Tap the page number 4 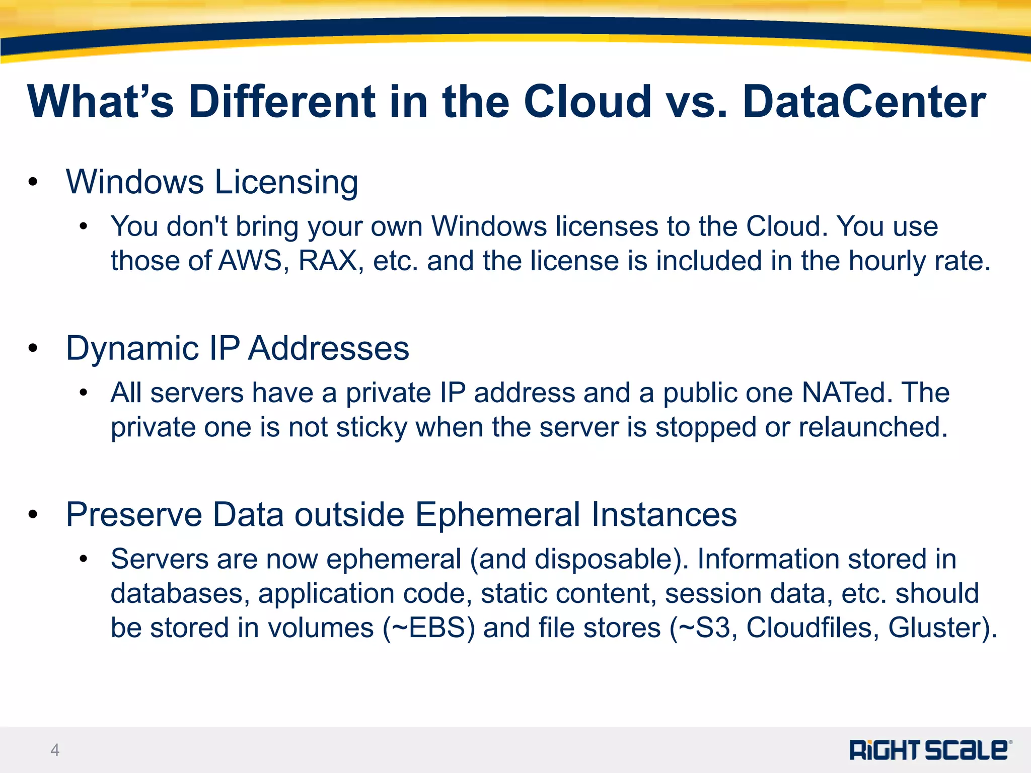(55, 750)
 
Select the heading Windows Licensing (212, 182)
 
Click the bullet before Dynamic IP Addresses (33, 348)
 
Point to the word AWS (250, 261)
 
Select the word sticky (372, 428)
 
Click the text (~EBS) (429, 628)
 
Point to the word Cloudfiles (812, 628)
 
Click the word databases (180, 594)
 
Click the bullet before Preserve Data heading (33, 515)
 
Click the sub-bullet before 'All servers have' (84, 393)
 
